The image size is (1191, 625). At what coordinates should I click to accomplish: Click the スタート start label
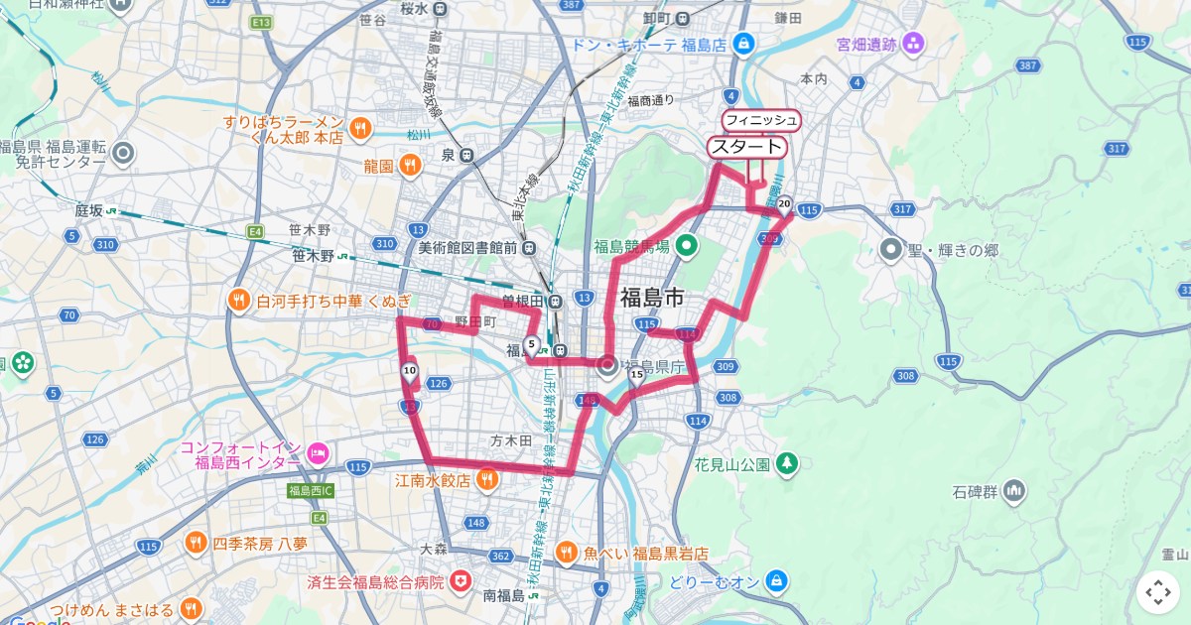pyautogui.click(x=746, y=147)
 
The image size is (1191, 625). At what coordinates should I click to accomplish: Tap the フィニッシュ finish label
pyautogui.click(x=760, y=120)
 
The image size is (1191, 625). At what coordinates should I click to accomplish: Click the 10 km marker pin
pyautogui.click(x=409, y=372)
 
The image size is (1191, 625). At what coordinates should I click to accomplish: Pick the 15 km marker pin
pyautogui.click(x=636, y=375)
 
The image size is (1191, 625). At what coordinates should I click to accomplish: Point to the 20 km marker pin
pyautogui.click(x=784, y=205)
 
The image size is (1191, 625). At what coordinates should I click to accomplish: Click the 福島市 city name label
pyautogui.click(x=652, y=297)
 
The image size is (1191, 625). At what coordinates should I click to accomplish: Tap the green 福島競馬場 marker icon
pyautogui.click(x=686, y=245)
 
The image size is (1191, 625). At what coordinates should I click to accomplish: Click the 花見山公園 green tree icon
pyautogui.click(x=787, y=463)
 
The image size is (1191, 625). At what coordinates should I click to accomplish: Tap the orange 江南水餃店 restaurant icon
pyautogui.click(x=486, y=481)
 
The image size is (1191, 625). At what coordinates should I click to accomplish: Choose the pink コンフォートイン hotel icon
pyautogui.click(x=318, y=453)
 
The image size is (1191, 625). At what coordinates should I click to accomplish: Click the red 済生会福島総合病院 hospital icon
pyautogui.click(x=461, y=581)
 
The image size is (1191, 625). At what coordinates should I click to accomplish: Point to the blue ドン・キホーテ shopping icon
pyautogui.click(x=743, y=45)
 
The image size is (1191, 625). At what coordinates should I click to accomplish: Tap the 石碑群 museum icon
pyautogui.click(x=1013, y=490)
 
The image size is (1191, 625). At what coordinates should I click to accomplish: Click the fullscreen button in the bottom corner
pyautogui.click(x=1158, y=592)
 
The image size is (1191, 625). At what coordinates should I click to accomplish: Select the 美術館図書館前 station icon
pyautogui.click(x=529, y=248)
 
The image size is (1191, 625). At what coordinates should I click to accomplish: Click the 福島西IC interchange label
pyautogui.click(x=311, y=491)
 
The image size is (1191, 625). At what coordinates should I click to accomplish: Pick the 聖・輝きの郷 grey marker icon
pyautogui.click(x=890, y=249)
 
